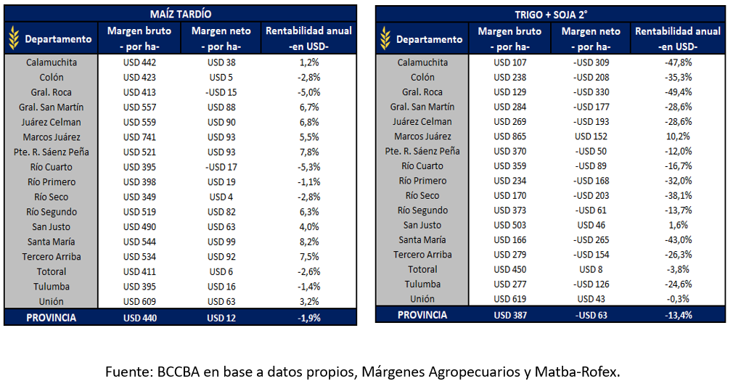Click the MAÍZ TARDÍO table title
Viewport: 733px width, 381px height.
coord(181,14)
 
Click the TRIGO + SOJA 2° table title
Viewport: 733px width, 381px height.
coord(551,15)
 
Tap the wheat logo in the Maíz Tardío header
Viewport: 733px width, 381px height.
coord(14,38)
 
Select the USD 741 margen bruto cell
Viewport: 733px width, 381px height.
coord(139,137)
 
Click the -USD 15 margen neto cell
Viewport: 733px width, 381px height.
coord(221,92)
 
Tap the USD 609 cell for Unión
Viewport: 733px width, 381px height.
coord(139,301)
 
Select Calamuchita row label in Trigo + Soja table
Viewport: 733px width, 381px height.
coord(422,62)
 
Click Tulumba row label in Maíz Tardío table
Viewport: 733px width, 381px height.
coord(51,286)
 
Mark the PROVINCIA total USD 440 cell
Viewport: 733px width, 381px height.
coord(139,317)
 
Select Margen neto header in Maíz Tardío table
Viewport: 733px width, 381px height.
coord(221,38)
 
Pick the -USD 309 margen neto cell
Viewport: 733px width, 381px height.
coord(591,62)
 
